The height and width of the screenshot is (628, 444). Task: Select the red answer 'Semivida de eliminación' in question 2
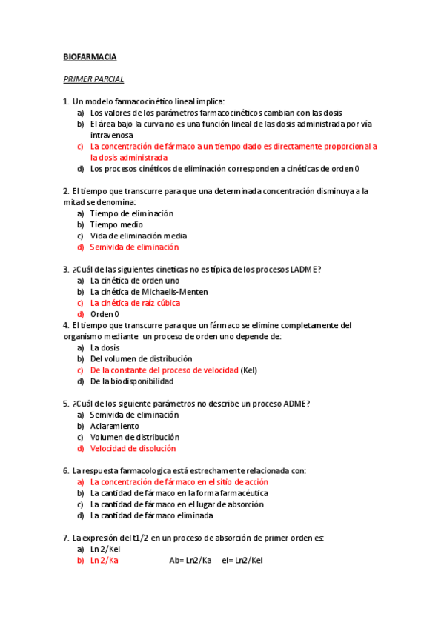tap(134, 247)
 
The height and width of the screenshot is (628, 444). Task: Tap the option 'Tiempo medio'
tap(116, 224)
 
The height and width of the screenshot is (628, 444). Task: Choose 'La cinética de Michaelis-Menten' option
tap(149, 291)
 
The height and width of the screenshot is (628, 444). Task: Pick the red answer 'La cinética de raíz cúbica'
tap(135, 303)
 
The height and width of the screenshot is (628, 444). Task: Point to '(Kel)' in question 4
tap(249, 370)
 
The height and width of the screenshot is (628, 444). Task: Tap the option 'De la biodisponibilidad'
tap(132, 381)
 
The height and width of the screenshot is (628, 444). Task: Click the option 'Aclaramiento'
tap(114, 426)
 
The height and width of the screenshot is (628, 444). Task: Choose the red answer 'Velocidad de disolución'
tap(133, 448)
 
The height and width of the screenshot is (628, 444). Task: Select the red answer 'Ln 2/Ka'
tap(105, 561)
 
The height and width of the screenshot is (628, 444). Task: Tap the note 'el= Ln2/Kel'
tap(242, 561)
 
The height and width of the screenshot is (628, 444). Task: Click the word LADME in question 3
tap(306, 269)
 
